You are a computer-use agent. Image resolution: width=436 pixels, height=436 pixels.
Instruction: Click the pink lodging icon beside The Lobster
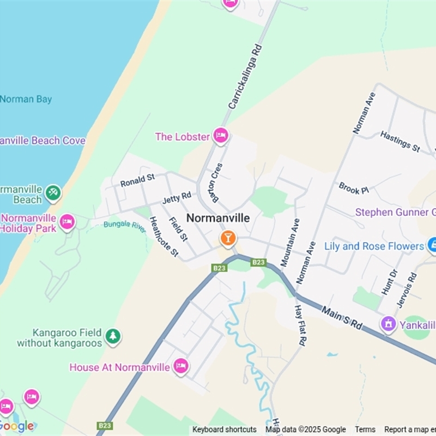click(x=221, y=136)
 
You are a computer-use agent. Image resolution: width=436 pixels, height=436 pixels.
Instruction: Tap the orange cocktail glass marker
click(x=227, y=238)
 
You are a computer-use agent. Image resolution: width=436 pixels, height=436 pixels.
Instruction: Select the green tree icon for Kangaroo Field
click(x=113, y=336)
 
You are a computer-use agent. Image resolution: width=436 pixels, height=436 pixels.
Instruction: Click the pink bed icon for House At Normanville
click(x=181, y=366)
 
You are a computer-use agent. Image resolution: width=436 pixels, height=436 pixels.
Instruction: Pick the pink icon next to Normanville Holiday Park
click(x=67, y=222)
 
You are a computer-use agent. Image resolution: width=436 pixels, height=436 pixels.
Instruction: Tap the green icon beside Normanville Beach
click(x=53, y=192)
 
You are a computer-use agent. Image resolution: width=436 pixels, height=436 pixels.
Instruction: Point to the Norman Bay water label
click(x=26, y=99)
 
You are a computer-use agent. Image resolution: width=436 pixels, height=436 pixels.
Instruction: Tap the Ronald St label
click(x=137, y=179)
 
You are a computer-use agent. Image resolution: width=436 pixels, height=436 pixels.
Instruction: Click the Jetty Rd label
click(x=177, y=197)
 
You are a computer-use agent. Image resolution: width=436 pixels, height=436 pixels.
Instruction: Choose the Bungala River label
click(x=125, y=226)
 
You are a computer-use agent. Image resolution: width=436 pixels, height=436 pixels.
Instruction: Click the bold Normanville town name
click(x=218, y=218)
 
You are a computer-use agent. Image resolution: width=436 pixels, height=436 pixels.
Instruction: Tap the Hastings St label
click(x=400, y=141)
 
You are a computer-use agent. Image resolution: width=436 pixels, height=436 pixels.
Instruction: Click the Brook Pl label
click(x=353, y=189)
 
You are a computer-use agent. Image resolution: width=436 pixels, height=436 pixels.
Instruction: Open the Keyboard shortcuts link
click(x=224, y=429)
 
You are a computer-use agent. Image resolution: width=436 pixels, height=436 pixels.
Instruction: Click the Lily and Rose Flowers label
click(x=374, y=246)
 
